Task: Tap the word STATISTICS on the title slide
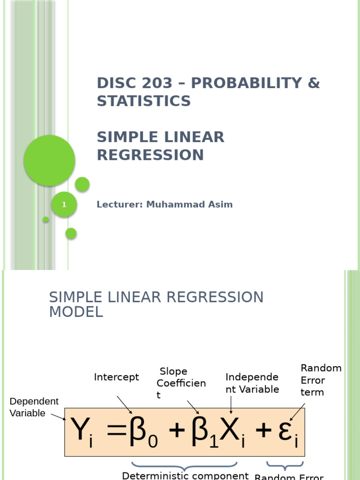[x=143, y=101]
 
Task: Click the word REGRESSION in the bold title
[x=150, y=155]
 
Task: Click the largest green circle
[x=49, y=160]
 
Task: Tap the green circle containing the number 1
[x=64, y=205]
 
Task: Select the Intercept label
[x=116, y=377]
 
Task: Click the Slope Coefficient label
[x=181, y=383]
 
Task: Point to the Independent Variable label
[x=252, y=383]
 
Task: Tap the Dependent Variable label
[x=34, y=407]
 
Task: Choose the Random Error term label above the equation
[x=321, y=380]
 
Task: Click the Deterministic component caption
[x=185, y=475]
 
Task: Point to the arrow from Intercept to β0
[x=124, y=404]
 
